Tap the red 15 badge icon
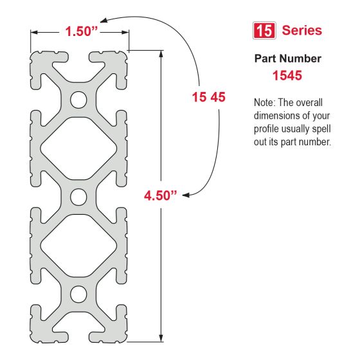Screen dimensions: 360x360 pos(264,31)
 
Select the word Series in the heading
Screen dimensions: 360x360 pos(302,31)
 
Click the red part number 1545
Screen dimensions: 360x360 pos(287,75)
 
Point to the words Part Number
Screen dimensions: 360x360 pos(287,59)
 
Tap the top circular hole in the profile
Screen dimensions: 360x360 pos(79,100)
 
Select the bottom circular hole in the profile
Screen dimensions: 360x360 pos(79,294)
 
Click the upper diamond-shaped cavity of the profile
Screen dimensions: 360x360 pos(79,148)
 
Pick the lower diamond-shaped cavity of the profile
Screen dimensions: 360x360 pos(79,245)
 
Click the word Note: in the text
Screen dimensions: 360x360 pos(267,103)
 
